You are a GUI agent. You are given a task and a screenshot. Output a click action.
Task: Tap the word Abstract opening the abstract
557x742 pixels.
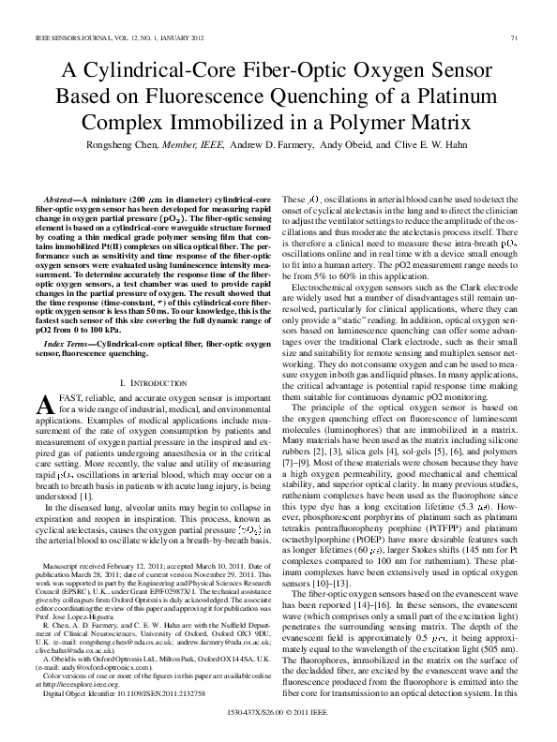(x=63, y=201)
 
